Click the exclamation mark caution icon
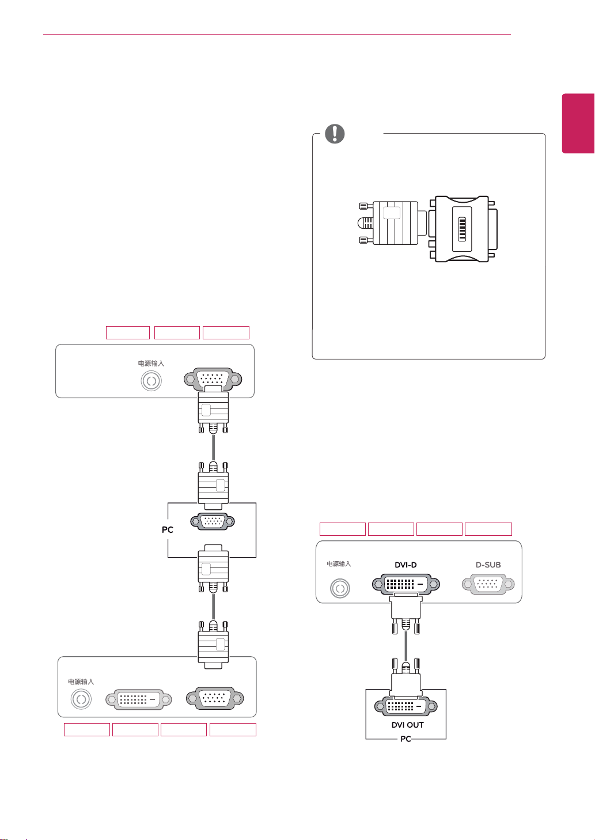pyautogui.click(x=335, y=134)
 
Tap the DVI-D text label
pyautogui.click(x=405, y=565)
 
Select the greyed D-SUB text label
pyautogui.click(x=488, y=565)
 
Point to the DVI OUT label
pyautogui.click(x=407, y=725)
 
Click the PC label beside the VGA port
pyautogui.click(x=168, y=529)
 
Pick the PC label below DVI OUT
pyautogui.click(x=406, y=739)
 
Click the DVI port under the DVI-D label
pyautogui.click(x=405, y=584)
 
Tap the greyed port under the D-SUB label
pyautogui.click(x=488, y=584)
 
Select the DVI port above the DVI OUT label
pyautogui.click(x=405, y=706)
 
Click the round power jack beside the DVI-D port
pyautogui.click(x=340, y=588)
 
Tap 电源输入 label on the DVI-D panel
pyautogui.click(x=339, y=564)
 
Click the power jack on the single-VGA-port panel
pyautogui.click(x=151, y=381)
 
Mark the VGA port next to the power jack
pyautogui.click(x=213, y=379)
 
